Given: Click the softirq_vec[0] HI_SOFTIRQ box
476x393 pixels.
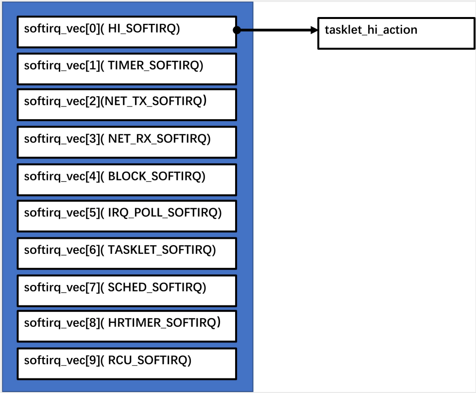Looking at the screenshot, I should pyautogui.click(x=126, y=32).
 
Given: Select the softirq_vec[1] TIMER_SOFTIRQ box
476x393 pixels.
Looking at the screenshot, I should pyautogui.click(x=126, y=69).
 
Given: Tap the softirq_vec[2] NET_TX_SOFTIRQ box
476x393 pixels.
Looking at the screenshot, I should pyautogui.click(x=126, y=104).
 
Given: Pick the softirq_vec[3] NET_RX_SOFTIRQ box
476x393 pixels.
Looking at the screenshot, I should pyautogui.click(x=126, y=142).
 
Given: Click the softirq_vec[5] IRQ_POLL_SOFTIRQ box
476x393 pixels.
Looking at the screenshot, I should pyautogui.click(x=126, y=215).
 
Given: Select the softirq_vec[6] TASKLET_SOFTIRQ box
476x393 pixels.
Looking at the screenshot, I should pyautogui.click(x=126, y=253).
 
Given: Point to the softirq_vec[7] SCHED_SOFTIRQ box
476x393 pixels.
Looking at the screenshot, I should pyautogui.click(x=126, y=290).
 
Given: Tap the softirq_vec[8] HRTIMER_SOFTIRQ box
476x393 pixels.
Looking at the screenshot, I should pyautogui.click(x=126, y=326).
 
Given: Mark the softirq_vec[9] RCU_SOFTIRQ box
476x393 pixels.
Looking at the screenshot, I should pyautogui.click(x=126, y=363).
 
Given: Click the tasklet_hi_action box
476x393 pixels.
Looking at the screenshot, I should pyautogui.click(x=396, y=33).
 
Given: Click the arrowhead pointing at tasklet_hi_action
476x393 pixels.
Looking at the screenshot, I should pyautogui.click(x=313, y=30).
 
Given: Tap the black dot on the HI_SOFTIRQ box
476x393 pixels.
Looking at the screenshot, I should pyautogui.click(x=237, y=30).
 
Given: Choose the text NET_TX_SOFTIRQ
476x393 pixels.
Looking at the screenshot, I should pyautogui.click(x=156, y=102).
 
